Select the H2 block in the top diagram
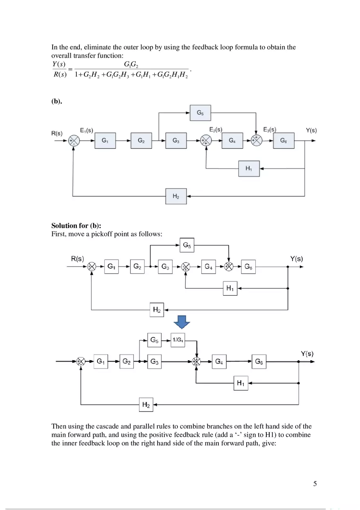176,196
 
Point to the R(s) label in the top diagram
57,133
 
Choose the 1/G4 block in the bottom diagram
178,340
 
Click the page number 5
315,484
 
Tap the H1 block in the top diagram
249,168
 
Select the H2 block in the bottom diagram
146,405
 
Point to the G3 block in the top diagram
176,140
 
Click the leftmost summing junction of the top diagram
74,141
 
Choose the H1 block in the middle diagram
230,289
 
